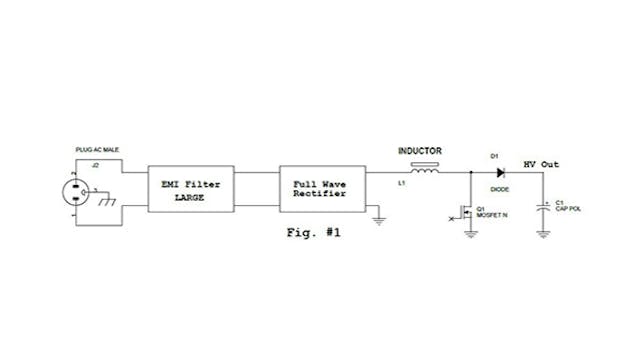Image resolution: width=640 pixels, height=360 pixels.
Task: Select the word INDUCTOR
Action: point(421,152)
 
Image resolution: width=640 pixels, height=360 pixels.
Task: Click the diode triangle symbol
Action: point(499,170)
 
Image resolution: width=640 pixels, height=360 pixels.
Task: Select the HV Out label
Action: point(543,164)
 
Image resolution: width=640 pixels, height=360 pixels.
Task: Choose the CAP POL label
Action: point(567,209)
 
